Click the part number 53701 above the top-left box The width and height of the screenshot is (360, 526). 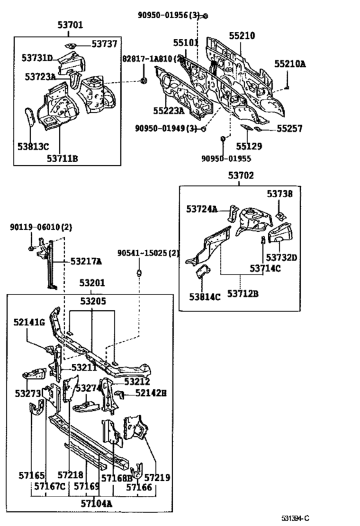(x=70, y=25)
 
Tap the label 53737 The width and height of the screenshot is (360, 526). (x=104, y=44)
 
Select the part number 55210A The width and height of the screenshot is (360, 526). (x=290, y=64)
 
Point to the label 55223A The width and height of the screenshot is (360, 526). (x=169, y=110)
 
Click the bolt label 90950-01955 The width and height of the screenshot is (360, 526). (x=226, y=159)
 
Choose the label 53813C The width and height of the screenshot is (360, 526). (x=33, y=146)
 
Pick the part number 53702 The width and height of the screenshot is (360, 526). (x=241, y=175)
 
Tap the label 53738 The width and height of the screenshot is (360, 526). (x=280, y=193)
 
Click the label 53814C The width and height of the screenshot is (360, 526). (x=204, y=297)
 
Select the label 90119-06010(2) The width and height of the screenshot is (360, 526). (x=41, y=227)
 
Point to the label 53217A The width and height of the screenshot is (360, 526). (x=86, y=261)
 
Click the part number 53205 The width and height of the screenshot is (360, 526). (x=93, y=301)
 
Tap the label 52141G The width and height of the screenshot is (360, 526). (x=29, y=322)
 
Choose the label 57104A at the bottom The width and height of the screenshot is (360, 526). (x=96, y=503)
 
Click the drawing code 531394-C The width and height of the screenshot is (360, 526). (x=295, y=519)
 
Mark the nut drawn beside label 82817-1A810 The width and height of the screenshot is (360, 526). (x=144, y=80)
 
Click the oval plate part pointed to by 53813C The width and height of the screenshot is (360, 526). (x=30, y=117)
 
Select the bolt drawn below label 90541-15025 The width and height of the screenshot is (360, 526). (x=139, y=272)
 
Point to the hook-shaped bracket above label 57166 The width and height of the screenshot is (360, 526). (x=136, y=471)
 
